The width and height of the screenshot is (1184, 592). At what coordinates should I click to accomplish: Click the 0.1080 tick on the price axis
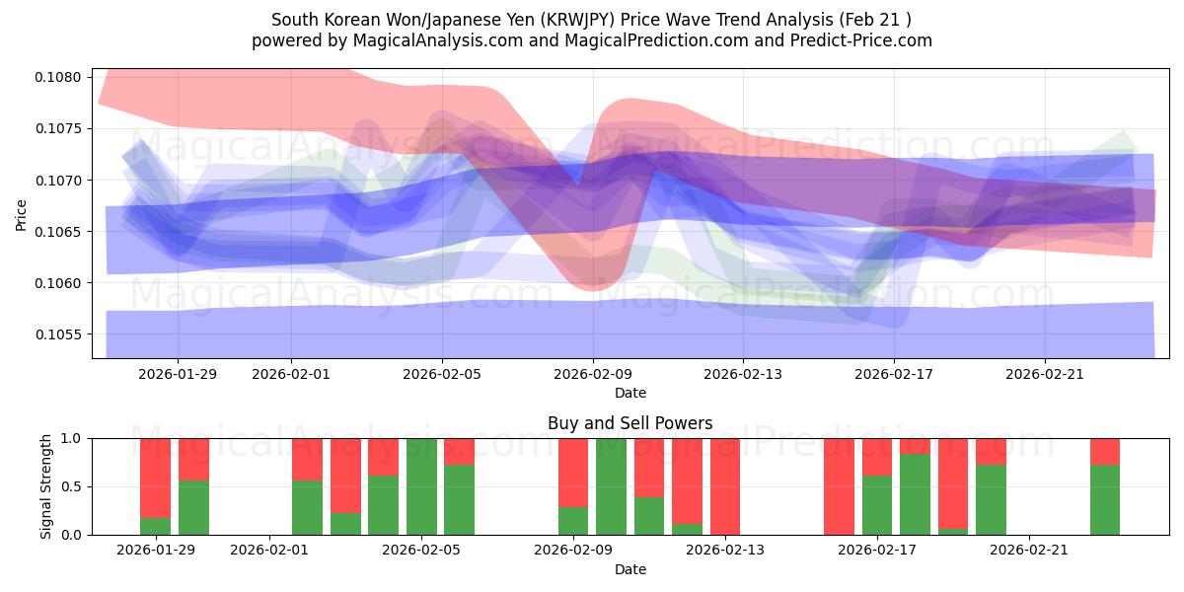pyautogui.click(x=60, y=78)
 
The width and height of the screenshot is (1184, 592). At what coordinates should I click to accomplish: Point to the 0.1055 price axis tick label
pyautogui.click(x=60, y=334)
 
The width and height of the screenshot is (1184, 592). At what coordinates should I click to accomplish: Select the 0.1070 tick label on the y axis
pyautogui.click(x=60, y=181)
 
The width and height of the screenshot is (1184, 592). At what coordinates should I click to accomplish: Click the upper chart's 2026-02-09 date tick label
pyautogui.click(x=593, y=374)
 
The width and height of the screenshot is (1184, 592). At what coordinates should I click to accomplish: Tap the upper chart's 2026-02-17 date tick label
pyautogui.click(x=894, y=374)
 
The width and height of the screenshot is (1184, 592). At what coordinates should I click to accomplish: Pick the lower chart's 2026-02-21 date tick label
pyautogui.click(x=1029, y=551)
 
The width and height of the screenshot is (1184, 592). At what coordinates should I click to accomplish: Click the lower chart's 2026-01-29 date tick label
pyautogui.click(x=156, y=551)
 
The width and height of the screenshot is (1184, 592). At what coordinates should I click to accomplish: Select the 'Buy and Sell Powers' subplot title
pyautogui.click(x=629, y=423)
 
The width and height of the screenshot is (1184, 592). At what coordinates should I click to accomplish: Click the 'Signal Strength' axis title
pyautogui.click(x=46, y=486)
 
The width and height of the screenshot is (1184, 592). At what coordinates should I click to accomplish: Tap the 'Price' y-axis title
pyautogui.click(x=22, y=214)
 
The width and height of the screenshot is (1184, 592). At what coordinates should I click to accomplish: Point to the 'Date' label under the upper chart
pyautogui.click(x=629, y=393)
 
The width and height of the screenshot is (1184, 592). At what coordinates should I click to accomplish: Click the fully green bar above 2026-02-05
pyautogui.click(x=421, y=486)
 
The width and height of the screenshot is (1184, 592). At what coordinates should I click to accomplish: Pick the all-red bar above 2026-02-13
pyautogui.click(x=725, y=486)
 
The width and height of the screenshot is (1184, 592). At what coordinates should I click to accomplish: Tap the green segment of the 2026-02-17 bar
pyautogui.click(x=877, y=505)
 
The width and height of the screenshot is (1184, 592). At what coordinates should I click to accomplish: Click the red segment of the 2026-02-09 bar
pyautogui.click(x=573, y=472)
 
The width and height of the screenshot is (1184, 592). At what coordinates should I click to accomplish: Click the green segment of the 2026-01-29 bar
pyautogui.click(x=156, y=526)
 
